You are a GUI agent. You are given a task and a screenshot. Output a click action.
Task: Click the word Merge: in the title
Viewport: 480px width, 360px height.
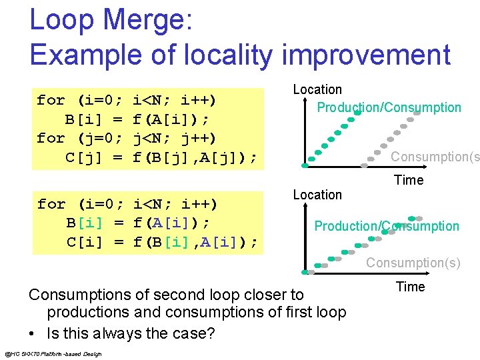141,21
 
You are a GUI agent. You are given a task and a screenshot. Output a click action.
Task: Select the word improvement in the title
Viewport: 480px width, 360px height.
366,55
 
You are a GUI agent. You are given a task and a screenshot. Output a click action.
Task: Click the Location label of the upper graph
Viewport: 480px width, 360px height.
317,89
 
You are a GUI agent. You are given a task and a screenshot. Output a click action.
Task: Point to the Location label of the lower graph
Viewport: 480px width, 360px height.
317,195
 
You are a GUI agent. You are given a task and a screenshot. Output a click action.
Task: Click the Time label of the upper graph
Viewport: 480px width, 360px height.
409,181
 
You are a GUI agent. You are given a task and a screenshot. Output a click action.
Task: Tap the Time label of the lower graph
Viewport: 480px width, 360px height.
410,287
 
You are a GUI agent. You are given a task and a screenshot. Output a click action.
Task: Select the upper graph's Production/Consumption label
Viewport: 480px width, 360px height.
389,107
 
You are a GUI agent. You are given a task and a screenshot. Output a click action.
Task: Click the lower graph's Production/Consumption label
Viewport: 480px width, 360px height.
387,226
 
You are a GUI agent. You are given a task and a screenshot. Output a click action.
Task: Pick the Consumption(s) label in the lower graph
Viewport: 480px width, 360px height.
413,263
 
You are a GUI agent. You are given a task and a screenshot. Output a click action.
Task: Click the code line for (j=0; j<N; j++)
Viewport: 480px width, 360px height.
127,139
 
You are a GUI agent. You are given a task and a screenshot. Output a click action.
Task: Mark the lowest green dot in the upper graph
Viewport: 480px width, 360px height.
305,164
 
